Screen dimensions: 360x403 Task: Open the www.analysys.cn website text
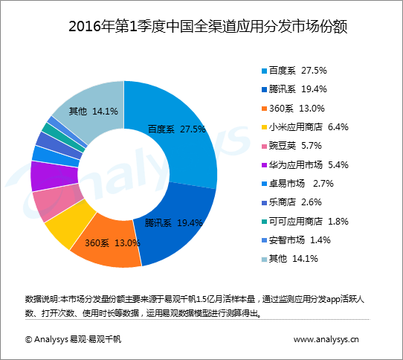click(x=326, y=339)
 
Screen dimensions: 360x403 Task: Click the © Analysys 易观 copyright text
click(x=73, y=339)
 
